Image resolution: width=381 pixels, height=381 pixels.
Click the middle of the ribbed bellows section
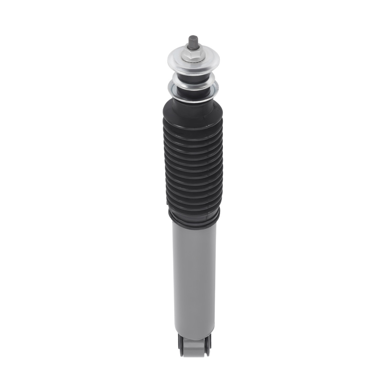(192, 168)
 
